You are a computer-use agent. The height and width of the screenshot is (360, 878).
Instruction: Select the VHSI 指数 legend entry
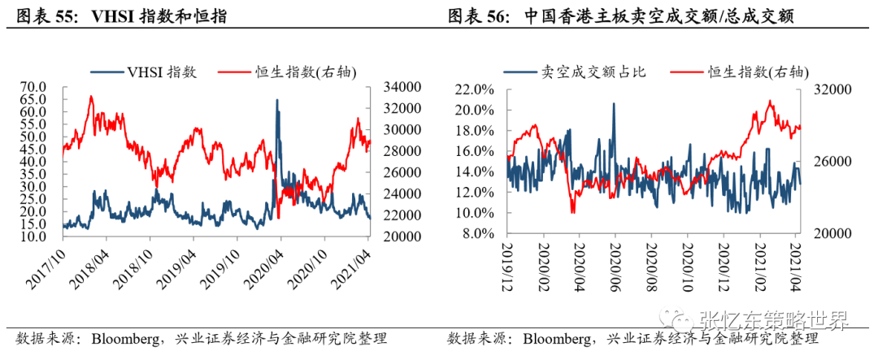tap(143, 72)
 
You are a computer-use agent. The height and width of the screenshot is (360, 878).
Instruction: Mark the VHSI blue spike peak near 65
tap(276, 100)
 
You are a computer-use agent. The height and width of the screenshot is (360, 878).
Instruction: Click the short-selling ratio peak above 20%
tap(614, 103)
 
